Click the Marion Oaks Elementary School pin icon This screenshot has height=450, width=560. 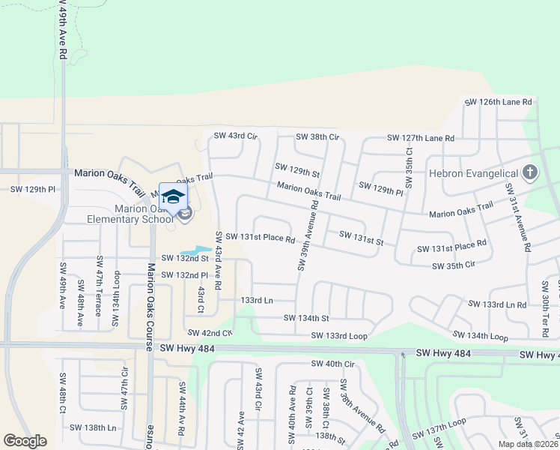pyautogui.click(x=173, y=198)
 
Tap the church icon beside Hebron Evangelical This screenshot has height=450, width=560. pyautogui.click(x=530, y=173)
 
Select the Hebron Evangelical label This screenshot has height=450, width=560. pyautogui.click(x=474, y=173)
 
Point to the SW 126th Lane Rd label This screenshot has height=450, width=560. pyautogui.click(x=498, y=102)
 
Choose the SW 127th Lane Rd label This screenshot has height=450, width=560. pyautogui.click(x=420, y=138)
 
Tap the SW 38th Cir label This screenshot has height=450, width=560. pyautogui.click(x=317, y=136)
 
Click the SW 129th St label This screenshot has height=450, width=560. pyautogui.click(x=297, y=170)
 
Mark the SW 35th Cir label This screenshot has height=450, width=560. pyautogui.click(x=454, y=265)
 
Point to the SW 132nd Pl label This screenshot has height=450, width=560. pyautogui.click(x=184, y=275)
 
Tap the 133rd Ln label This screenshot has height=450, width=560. pyautogui.click(x=257, y=300)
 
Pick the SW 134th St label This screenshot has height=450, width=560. pyautogui.click(x=306, y=318)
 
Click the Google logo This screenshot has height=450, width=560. pyautogui.click(x=25, y=441)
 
